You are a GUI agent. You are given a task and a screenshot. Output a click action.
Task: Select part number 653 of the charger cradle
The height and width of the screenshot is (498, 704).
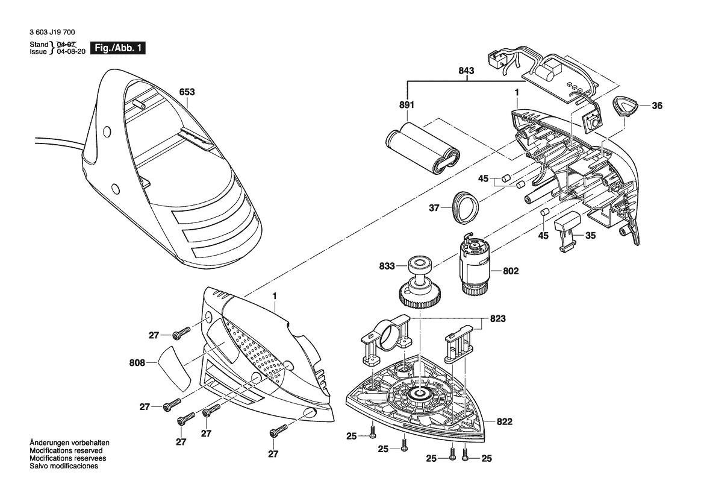point(188,93)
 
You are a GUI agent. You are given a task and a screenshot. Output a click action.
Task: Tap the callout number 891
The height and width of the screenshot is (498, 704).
point(407,105)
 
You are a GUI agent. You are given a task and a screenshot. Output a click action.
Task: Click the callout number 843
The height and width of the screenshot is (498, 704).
point(466,71)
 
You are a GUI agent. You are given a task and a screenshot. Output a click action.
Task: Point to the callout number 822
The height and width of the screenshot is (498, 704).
point(505,422)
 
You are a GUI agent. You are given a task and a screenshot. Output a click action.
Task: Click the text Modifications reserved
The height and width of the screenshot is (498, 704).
point(66,450)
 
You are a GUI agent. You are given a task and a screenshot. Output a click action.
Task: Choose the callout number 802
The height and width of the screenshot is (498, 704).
point(511,272)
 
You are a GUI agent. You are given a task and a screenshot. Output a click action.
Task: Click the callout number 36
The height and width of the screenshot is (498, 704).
point(657,106)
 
